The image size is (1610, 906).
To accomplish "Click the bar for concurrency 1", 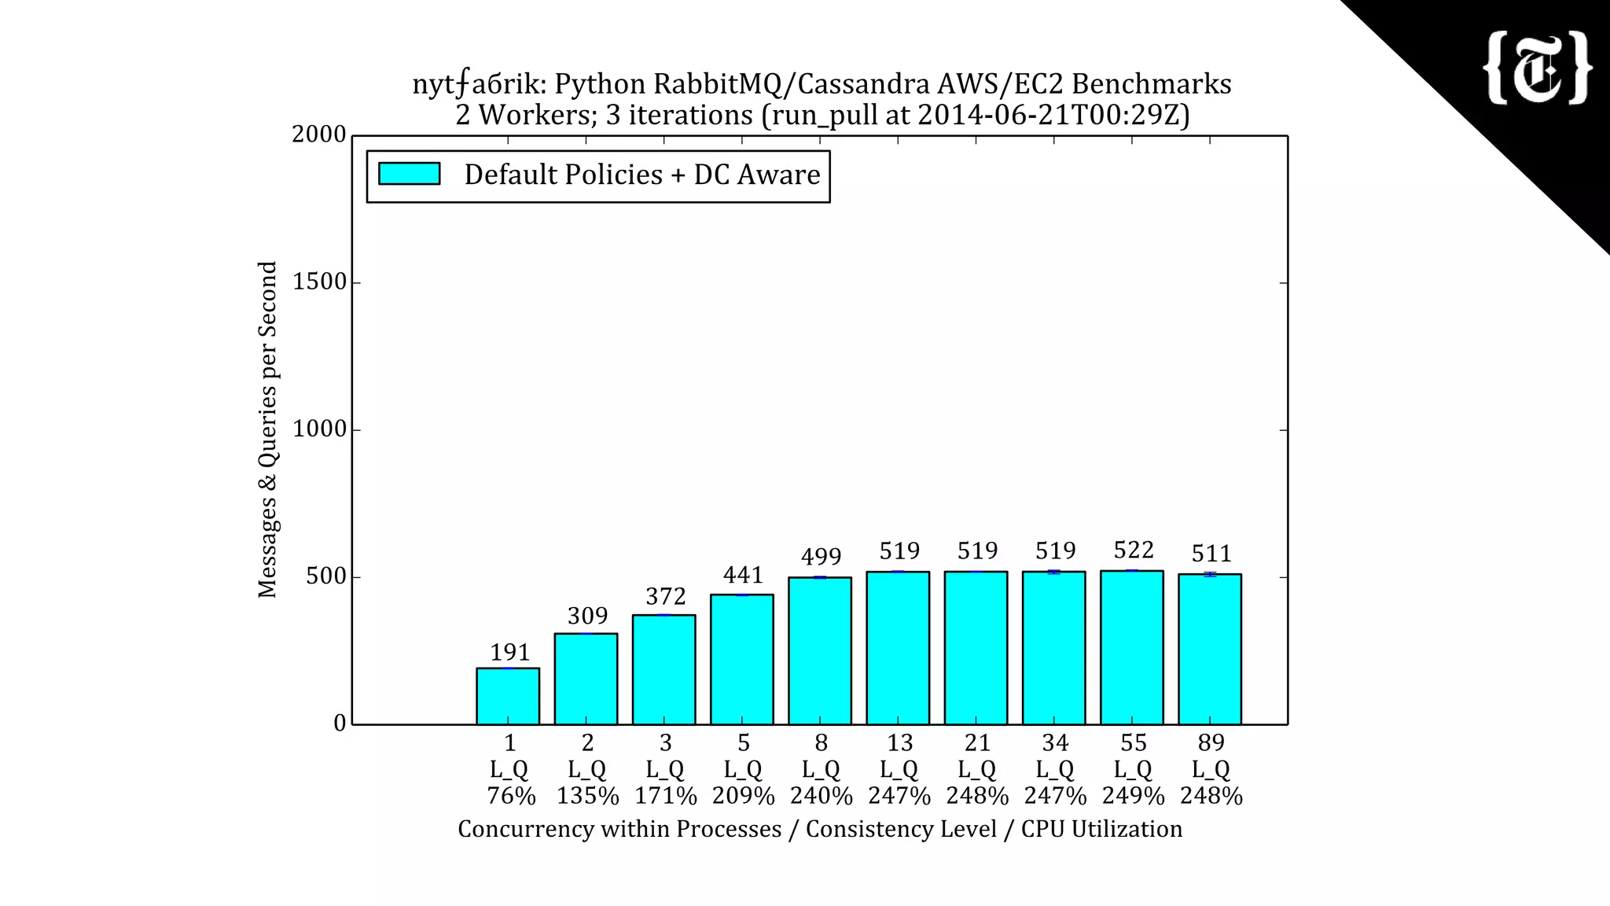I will click(508, 696).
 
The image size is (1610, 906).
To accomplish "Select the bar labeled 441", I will click(742, 659).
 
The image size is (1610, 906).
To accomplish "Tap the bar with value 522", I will click(1132, 647).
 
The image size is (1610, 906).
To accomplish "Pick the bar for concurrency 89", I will click(1210, 649).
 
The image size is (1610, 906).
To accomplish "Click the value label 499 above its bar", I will click(821, 557).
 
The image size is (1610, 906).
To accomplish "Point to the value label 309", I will click(587, 615).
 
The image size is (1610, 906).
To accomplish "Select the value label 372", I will click(665, 596).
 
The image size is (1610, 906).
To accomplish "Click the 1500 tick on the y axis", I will click(319, 282).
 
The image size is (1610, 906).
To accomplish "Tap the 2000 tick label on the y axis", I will click(319, 134).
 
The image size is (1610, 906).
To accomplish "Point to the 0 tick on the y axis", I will click(340, 724).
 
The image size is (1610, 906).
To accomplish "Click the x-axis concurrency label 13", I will click(899, 742).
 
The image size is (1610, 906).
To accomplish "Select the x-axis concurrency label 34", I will click(1055, 742).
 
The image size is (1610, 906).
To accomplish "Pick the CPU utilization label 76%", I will click(511, 796).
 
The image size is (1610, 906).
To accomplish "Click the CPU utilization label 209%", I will click(744, 796).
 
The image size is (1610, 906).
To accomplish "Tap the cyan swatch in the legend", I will click(409, 174).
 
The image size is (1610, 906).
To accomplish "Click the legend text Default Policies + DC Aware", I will click(641, 175).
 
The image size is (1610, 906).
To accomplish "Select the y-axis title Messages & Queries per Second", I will click(267, 429).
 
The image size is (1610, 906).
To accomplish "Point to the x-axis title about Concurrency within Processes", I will click(820, 829).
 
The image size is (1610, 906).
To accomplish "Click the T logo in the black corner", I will click(1537, 68).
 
